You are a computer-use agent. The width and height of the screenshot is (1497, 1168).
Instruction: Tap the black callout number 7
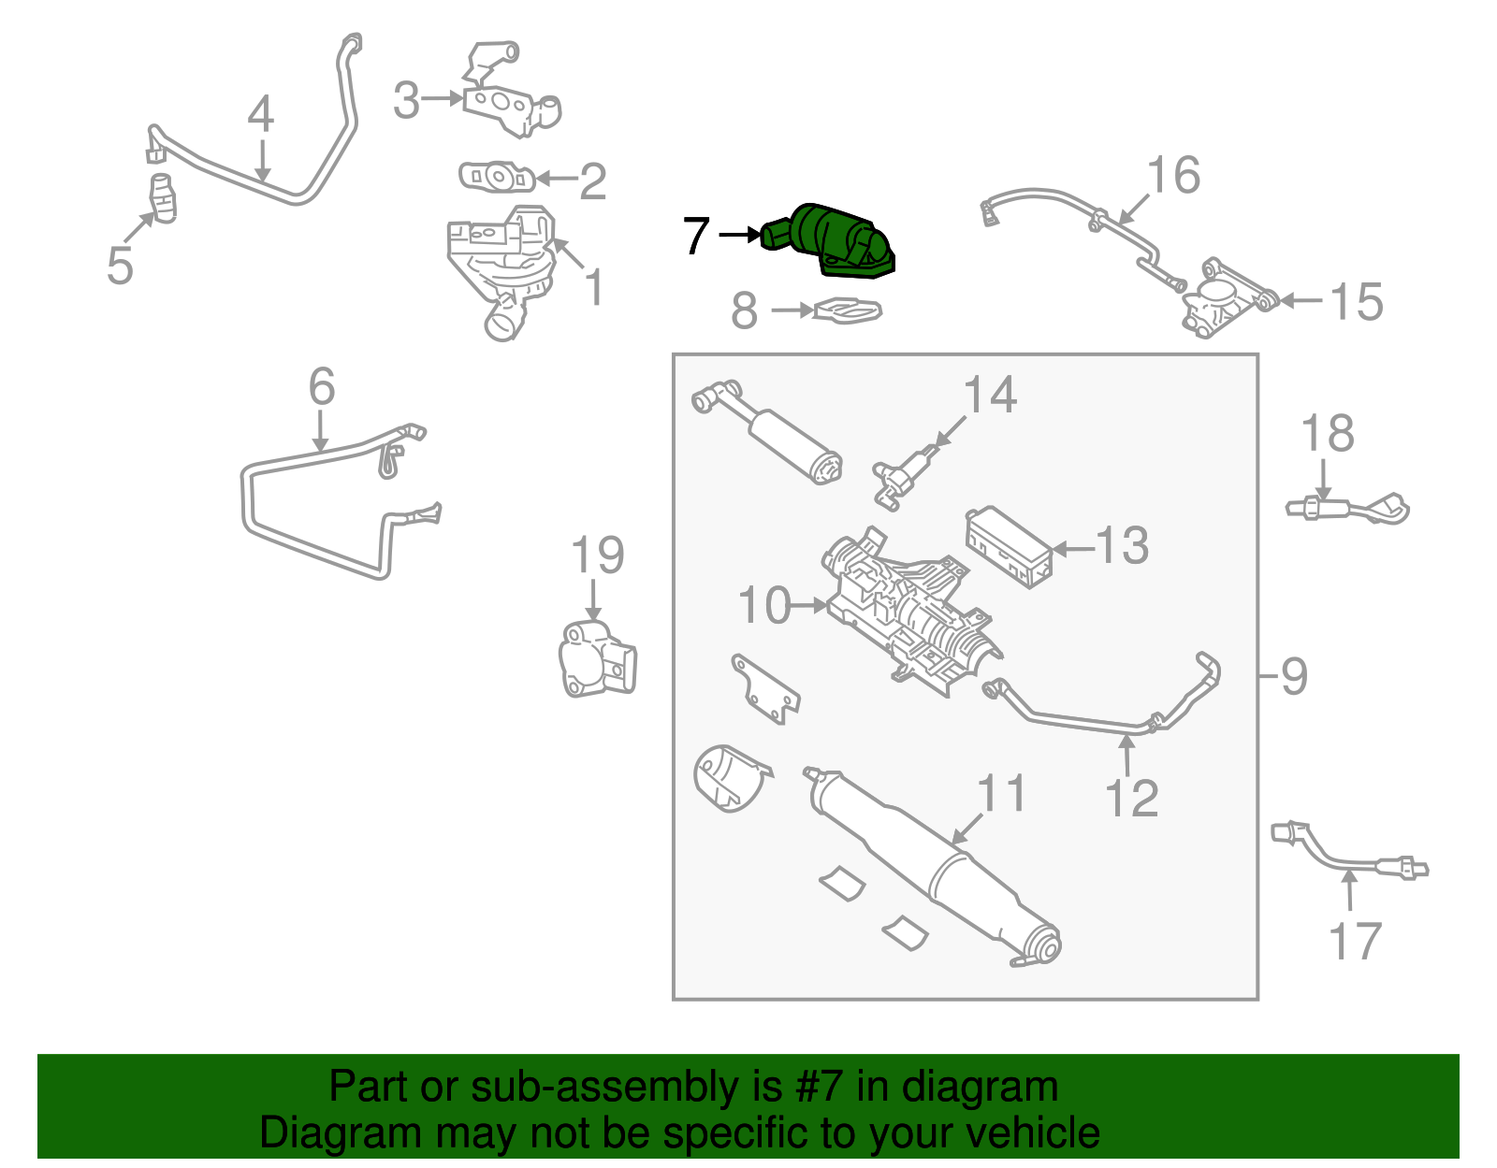point(696,236)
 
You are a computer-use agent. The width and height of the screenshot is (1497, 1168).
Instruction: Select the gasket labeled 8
point(848,310)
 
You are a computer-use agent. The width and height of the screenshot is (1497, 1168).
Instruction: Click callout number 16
point(1173,176)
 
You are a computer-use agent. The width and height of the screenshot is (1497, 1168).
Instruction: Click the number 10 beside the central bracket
point(764,606)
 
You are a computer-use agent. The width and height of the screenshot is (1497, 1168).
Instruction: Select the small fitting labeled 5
point(163,198)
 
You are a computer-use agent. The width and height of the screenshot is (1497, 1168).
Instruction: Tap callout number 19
point(597,556)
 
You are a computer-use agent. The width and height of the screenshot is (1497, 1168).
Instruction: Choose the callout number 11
point(1001,793)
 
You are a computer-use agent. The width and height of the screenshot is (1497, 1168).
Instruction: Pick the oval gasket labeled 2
point(496,176)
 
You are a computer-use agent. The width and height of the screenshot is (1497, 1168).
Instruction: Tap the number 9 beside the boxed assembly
point(1293,675)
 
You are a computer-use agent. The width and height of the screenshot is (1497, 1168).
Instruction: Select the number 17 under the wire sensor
point(1354,941)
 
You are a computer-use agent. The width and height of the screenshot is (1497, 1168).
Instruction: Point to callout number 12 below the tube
point(1131,798)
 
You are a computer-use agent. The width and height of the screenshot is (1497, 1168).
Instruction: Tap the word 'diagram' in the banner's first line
point(980,1088)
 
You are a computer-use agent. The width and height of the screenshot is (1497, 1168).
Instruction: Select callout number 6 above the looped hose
point(321,386)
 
